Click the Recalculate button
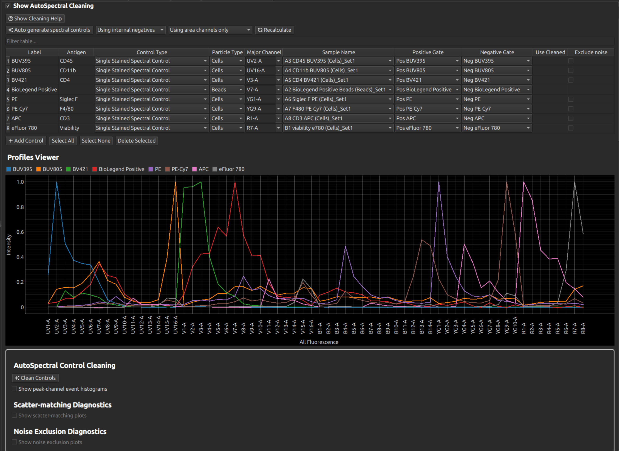pos(275,30)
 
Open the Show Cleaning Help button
pos(35,18)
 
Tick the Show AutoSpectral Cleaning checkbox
pos(8,6)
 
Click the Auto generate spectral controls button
pos(50,30)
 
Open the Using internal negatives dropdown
pos(131,30)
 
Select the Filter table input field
pos(310,41)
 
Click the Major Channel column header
pos(264,52)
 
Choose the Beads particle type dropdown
pos(227,89)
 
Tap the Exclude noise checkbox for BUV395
pos(571,61)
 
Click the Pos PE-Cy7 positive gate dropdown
pos(428,109)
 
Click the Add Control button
pos(26,141)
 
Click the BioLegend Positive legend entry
pos(118,169)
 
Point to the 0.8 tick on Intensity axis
pos(20,207)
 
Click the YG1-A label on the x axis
pos(438,326)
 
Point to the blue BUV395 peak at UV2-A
pos(57,182)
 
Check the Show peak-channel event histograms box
pos(14,389)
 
